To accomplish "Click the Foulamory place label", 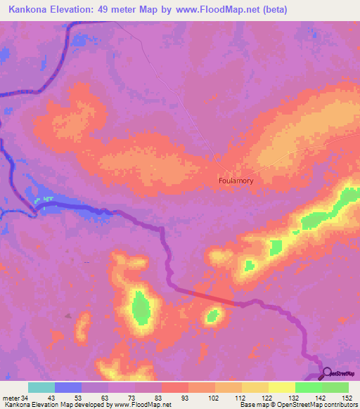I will click(x=240, y=180).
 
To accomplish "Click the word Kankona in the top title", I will click(x=29, y=9).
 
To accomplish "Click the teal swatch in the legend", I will click(x=41, y=387).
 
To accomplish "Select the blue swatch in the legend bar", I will click(x=67, y=387).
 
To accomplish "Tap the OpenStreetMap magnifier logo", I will click(x=326, y=372).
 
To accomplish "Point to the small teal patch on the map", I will click(x=46, y=200).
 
